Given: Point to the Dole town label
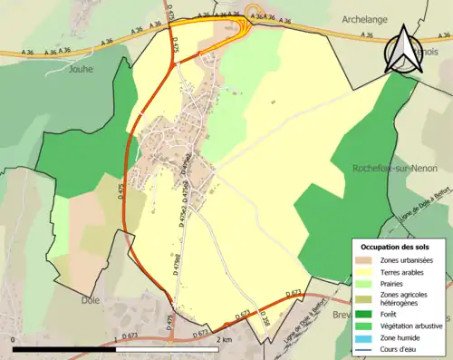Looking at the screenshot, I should pos(91,299).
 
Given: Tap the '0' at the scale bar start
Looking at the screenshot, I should pos(14,340).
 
